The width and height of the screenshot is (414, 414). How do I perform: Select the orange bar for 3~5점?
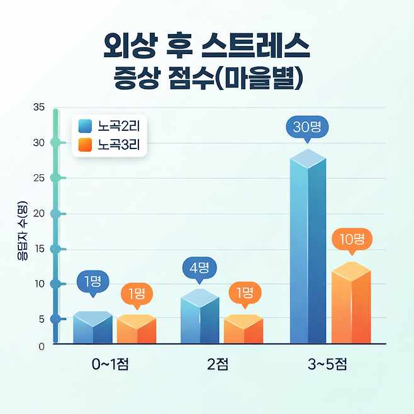pos(351,305)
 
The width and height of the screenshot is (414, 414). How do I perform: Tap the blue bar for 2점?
pos(199,319)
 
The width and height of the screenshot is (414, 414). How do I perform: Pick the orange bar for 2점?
pos(243,330)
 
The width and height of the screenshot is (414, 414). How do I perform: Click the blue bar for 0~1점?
pos(92,328)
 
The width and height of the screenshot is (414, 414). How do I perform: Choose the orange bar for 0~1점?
pos(136,330)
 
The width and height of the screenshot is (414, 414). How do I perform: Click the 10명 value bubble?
pos(352,239)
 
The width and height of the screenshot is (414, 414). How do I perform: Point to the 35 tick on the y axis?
pos(39,107)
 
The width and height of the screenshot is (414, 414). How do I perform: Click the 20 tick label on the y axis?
pos(39,213)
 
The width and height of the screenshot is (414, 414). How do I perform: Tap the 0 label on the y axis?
pos(41,345)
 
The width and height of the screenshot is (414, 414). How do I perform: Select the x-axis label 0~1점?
pos(111,365)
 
